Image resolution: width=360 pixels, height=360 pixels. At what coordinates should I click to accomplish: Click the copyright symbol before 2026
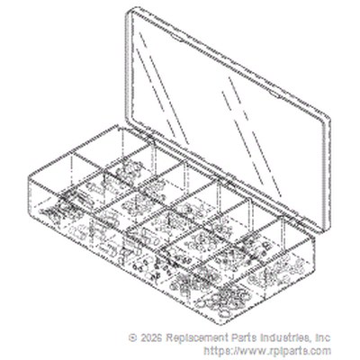132,337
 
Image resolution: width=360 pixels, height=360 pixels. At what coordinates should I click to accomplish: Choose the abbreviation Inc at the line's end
323,337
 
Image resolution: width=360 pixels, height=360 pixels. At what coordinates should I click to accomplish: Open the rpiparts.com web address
267,350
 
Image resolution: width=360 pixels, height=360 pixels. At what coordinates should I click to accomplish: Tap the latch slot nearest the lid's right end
274,94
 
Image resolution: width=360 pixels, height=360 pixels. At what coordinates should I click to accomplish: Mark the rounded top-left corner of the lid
130,11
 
